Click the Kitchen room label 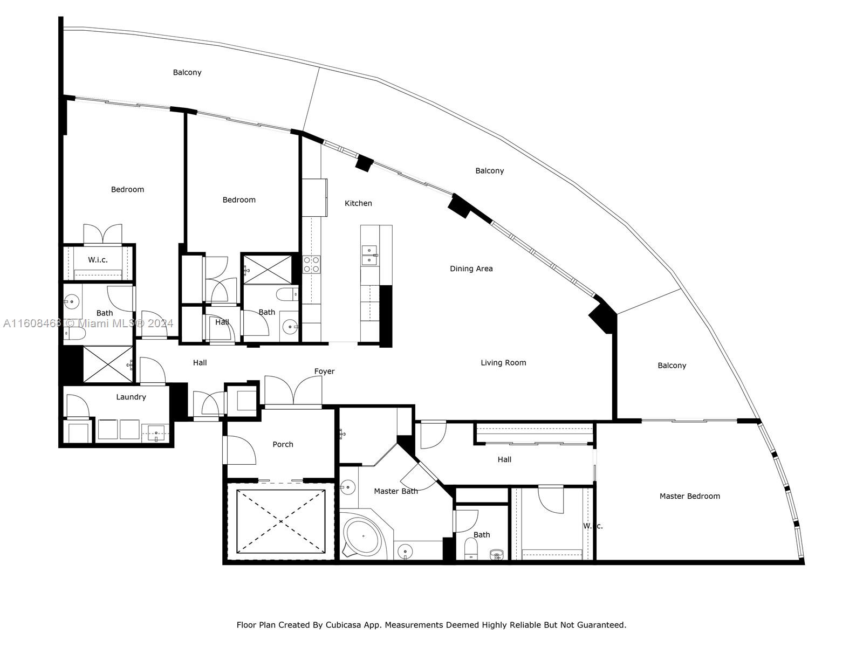358,203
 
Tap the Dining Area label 471,269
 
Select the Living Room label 503,362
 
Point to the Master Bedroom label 690,496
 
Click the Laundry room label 131,397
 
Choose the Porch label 283,444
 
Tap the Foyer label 324,371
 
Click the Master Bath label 395,491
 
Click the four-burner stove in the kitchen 311,264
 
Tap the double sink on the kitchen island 369,256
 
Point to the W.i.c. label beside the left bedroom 98,260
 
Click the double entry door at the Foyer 293,391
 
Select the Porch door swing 240,450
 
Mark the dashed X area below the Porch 280,521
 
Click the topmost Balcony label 187,72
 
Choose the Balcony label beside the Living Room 672,366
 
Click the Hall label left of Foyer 200,362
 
